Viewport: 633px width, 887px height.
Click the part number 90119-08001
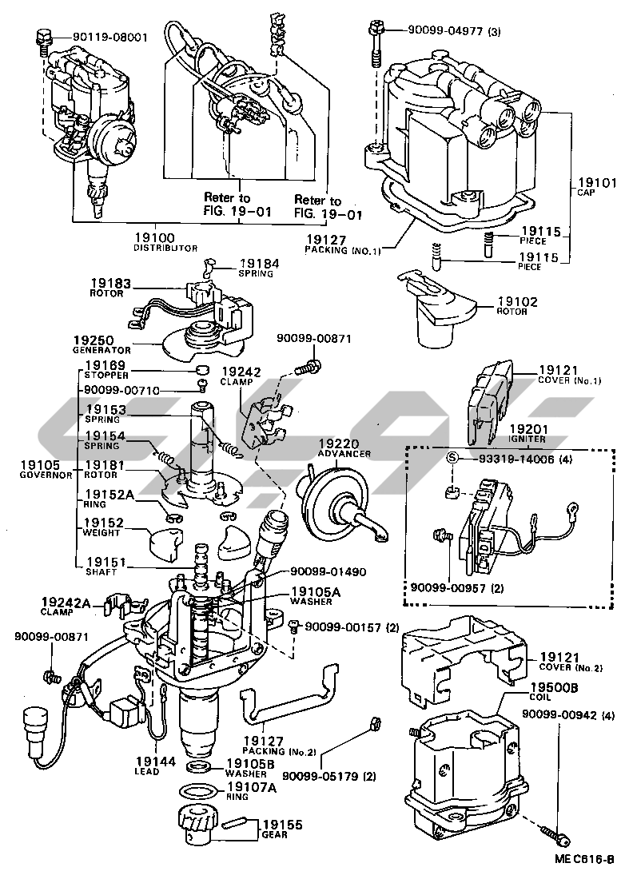pos(109,37)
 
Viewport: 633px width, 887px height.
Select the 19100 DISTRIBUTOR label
pos(165,242)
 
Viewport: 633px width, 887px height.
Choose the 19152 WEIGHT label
pos(102,527)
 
